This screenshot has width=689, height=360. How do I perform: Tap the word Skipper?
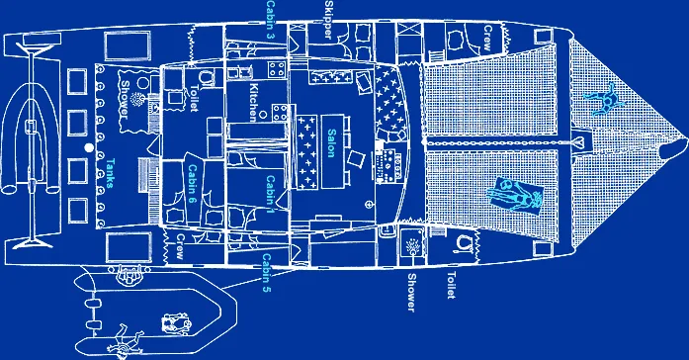pyautogui.click(x=327, y=20)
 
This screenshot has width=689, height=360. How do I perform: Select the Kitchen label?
pyautogui.click(x=254, y=102)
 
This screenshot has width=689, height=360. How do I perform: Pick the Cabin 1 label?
pyautogui.click(x=270, y=192)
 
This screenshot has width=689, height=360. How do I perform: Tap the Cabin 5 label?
pyautogui.click(x=267, y=276)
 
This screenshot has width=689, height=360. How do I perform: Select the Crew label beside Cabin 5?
pyautogui.click(x=181, y=247)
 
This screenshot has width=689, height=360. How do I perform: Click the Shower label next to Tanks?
pyautogui.click(x=124, y=103)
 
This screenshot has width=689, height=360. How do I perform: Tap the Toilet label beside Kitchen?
pyautogui.click(x=194, y=100)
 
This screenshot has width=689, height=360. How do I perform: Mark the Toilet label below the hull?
pyautogui.click(x=451, y=283)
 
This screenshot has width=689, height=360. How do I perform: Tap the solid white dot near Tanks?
pyautogui.click(x=89, y=148)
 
